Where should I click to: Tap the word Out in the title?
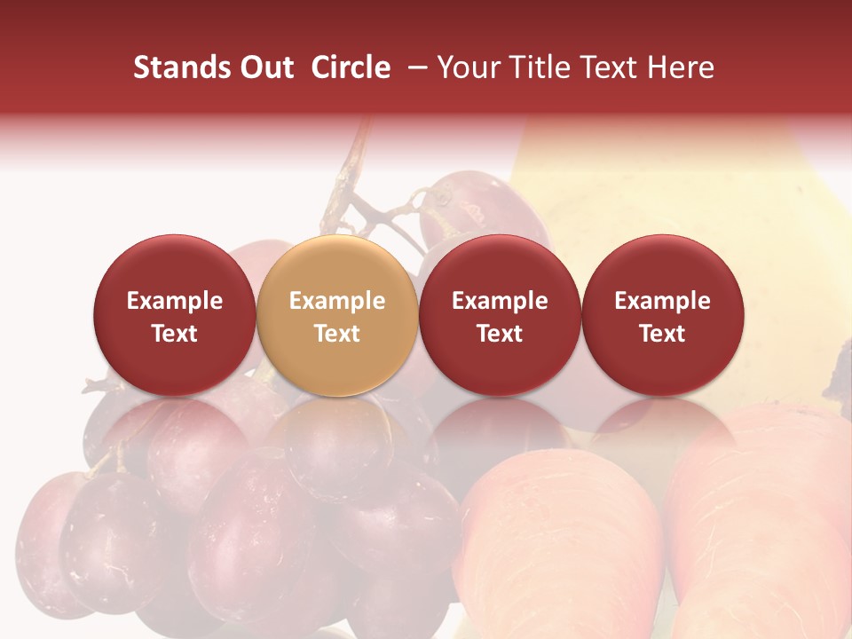[x=264, y=67]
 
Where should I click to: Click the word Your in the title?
[x=466, y=67]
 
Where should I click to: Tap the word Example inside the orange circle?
[x=337, y=301]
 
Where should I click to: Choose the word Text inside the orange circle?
[x=337, y=334]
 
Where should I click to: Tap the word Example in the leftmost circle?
[x=174, y=301]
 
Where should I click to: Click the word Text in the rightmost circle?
[x=663, y=334]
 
